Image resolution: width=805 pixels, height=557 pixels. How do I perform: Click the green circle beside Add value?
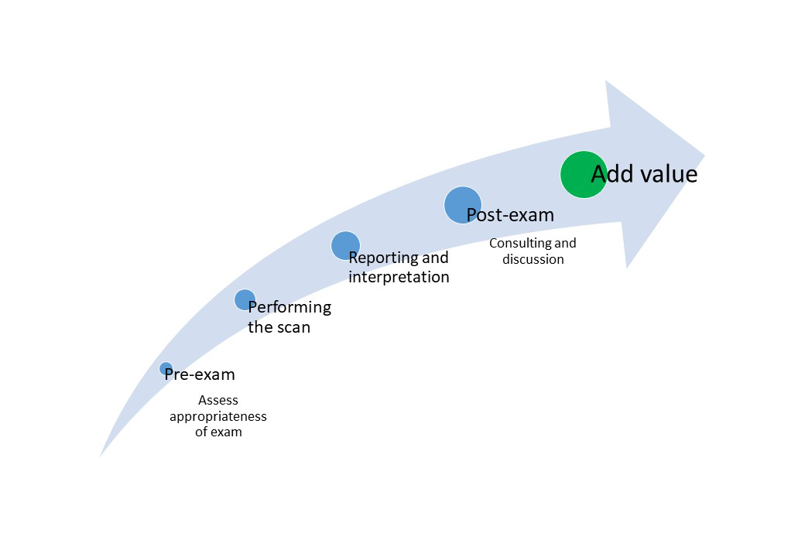[x=584, y=174]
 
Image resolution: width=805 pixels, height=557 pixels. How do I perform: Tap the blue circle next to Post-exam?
[x=463, y=205]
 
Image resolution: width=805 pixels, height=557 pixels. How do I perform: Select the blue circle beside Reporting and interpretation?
[x=345, y=246]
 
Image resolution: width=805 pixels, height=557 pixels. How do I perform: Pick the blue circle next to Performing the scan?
[x=245, y=300]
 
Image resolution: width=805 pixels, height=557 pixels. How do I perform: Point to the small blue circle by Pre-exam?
[x=166, y=369]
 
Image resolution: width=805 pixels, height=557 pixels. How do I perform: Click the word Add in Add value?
[x=612, y=174]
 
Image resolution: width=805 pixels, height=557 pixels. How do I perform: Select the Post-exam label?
[x=510, y=215]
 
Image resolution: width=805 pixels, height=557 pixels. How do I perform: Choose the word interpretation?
[x=399, y=277]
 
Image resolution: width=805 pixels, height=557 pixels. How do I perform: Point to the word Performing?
[x=289, y=307]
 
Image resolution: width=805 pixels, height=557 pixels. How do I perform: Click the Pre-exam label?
[x=200, y=374]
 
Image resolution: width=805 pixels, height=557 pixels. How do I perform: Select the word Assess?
[x=218, y=400]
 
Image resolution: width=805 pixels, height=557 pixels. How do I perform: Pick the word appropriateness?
[x=218, y=416]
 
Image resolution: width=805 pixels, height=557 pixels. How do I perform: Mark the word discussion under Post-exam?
[x=533, y=259]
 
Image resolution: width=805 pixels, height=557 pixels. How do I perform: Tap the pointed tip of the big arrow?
[x=704, y=155]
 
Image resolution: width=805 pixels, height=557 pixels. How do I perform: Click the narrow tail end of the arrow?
[x=101, y=456]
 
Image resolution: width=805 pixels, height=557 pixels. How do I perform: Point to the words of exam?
[x=218, y=432]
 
